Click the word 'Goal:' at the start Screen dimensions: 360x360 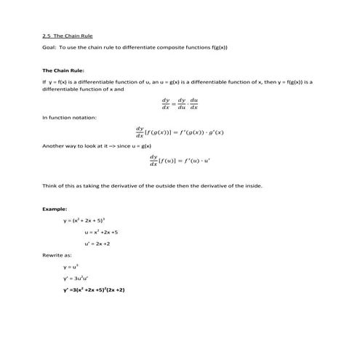point(50,47)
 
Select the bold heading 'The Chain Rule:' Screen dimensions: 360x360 point(63,71)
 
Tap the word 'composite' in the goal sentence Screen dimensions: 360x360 point(169,47)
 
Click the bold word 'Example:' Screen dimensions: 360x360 point(55,209)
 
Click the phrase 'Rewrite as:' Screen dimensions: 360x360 point(57,255)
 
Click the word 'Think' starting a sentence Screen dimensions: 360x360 point(51,185)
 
